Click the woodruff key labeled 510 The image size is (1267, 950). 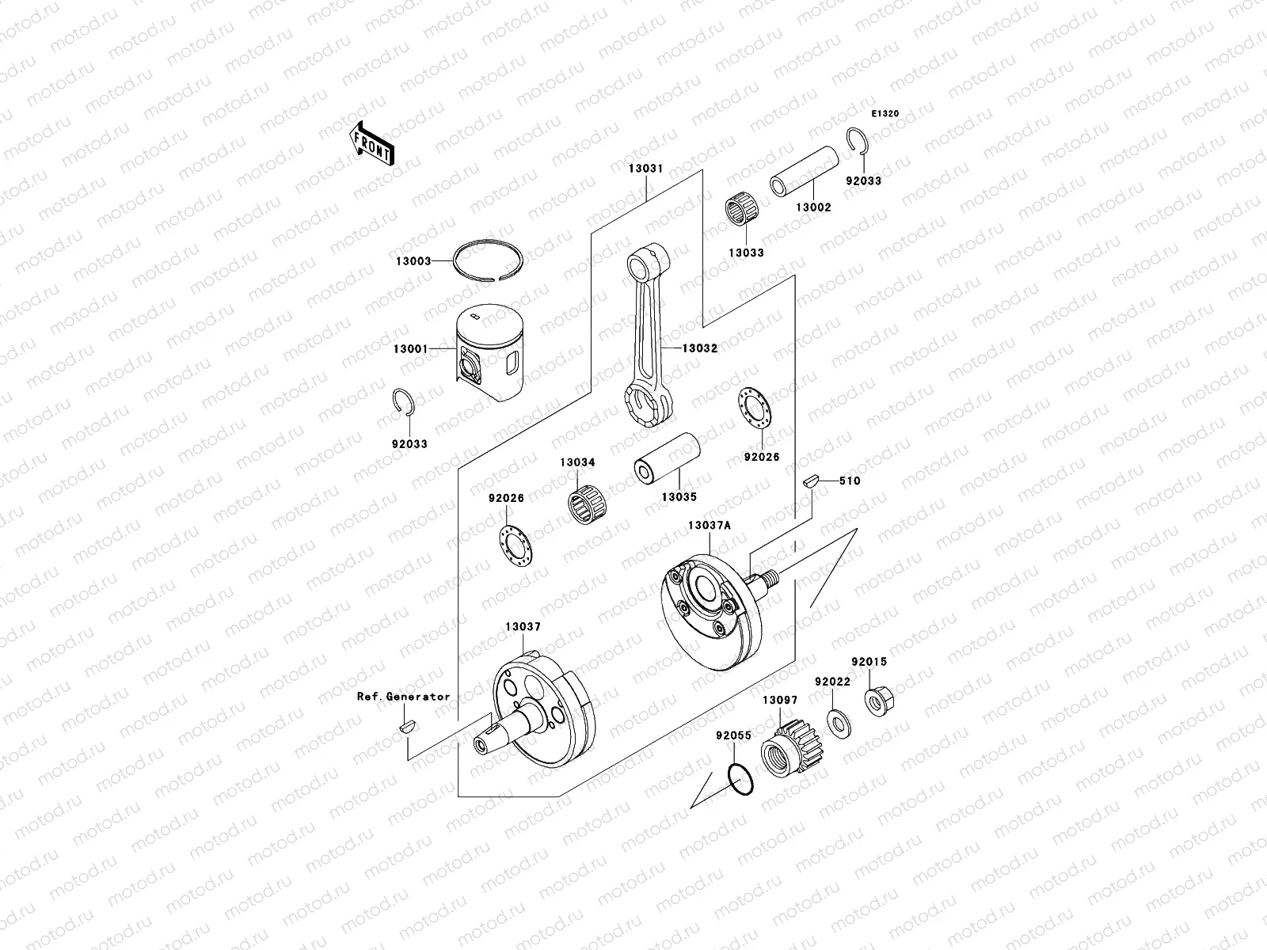tap(809, 480)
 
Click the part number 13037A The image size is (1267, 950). tap(710, 525)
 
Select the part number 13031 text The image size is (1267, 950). tap(646, 169)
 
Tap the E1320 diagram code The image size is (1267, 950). tap(886, 114)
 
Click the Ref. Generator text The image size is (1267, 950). tap(403, 697)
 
